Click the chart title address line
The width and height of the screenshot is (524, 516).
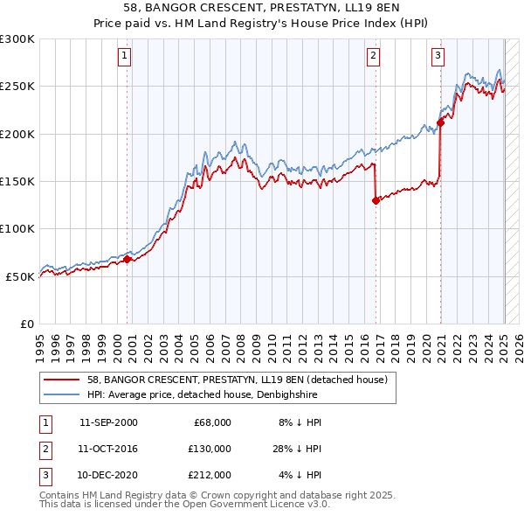pyautogui.click(x=261, y=8)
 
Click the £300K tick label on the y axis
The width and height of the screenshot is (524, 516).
pyautogui.click(x=17, y=39)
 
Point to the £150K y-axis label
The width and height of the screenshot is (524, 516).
pyautogui.click(x=17, y=181)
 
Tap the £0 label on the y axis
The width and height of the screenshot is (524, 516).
pyautogui.click(x=27, y=324)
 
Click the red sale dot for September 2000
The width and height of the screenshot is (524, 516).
pyautogui.click(x=127, y=259)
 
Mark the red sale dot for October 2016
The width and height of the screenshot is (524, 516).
pyautogui.click(x=376, y=200)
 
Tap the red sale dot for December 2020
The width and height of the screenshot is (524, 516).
pyautogui.click(x=440, y=122)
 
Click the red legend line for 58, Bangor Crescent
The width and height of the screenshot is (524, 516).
pyautogui.click(x=61, y=380)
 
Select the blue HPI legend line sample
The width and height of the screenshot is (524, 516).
pyautogui.click(x=61, y=394)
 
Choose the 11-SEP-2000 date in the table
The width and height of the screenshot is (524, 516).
pyautogui.click(x=108, y=422)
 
